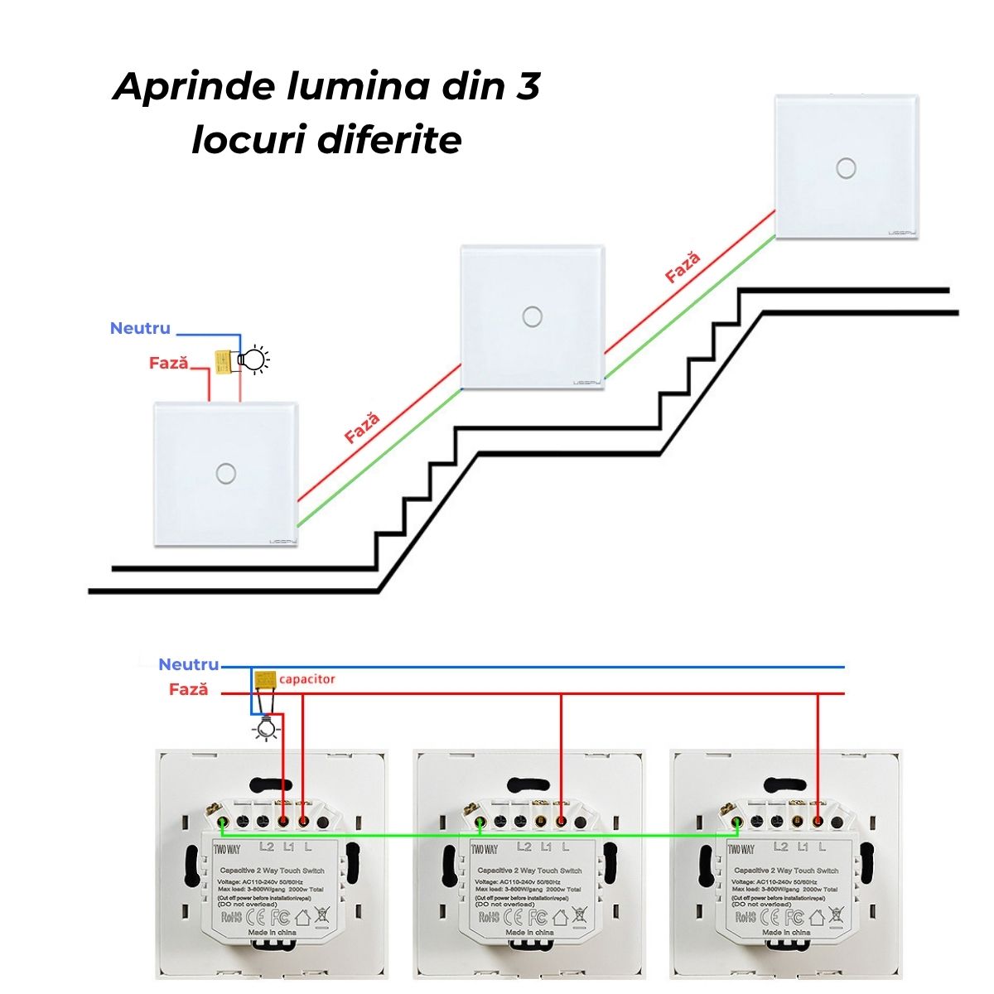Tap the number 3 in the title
pos(527,86)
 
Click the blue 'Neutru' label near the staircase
pos(140,328)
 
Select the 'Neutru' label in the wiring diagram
pos(188,664)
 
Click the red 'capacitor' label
pos(307,679)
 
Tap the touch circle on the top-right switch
pos(846,167)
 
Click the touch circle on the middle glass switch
pos(532,316)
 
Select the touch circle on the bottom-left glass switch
pos(224,473)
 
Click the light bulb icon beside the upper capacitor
pos(253,360)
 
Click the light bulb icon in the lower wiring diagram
pos(265,728)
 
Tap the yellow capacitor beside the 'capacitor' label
pos(266,679)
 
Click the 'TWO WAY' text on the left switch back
pos(228,848)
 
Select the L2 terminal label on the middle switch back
pos(524,847)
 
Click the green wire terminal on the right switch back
pos(736,822)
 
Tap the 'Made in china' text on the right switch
pos(787,932)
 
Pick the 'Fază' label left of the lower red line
pos(188,689)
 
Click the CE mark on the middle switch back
pos(514,917)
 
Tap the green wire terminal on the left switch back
pos(223,822)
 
